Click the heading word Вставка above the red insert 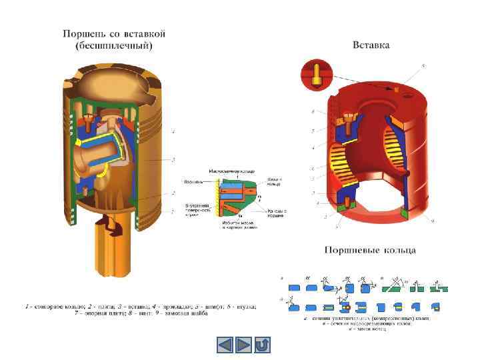tap(371, 45)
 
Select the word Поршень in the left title tap(83, 33)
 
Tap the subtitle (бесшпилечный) tap(114, 45)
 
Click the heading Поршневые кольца tap(370, 251)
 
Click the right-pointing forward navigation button tap(245, 345)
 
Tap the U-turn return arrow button tap(263, 345)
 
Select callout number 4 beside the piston tap(173, 133)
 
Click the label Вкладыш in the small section tap(193, 181)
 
